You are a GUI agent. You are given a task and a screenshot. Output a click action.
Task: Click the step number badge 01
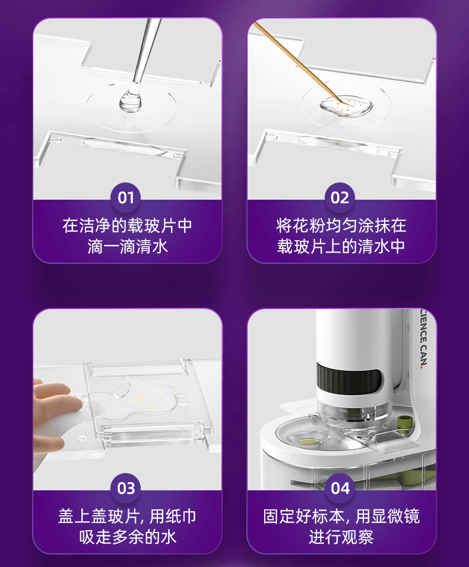pyautogui.click(x=126, y=198)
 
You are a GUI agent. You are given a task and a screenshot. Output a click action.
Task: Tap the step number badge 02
pyautogui.click(x=340, y=198)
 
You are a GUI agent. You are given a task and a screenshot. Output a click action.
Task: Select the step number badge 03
pyautogui.click(x=126, y=489)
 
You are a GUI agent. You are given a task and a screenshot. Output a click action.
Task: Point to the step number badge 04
pyautogui.click(x=340, y=489)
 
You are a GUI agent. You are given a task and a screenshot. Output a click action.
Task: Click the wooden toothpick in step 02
pyautogui.click(x=297, y=62)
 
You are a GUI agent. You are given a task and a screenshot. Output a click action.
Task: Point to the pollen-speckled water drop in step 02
pyautogui.click(x=346, y=106)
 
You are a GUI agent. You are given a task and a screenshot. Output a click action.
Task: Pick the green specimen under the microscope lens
pyautogui.click(x=309, y=441)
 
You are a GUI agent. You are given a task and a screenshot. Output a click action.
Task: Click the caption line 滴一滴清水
pyautogui.click(x=128, y=247)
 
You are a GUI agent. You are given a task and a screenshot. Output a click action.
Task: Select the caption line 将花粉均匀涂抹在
pyautogui.click(x=341, y=225)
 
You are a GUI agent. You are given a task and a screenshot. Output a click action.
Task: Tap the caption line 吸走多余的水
pyautogui.click(x=128, y=537)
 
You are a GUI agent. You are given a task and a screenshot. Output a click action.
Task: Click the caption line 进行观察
pyautogui.click(x=341, y=537)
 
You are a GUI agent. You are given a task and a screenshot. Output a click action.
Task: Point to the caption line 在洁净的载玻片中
pyautogui.click(x=127, y=225)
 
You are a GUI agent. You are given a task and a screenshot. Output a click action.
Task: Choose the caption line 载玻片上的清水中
pyautogui.click(x=341, y=247)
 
